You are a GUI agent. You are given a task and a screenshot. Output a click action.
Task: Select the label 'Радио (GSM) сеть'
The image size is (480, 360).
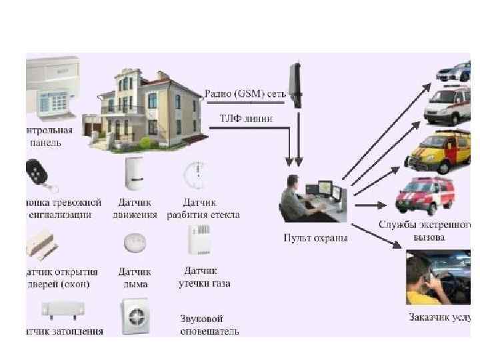tap(245, 94)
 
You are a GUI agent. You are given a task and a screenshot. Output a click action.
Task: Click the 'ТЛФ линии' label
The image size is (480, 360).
tap(245, 119)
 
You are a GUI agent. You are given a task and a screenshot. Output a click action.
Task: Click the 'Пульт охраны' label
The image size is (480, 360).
tap(315, 237)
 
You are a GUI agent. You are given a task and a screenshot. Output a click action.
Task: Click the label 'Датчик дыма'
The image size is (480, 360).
tap(135, 277)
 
